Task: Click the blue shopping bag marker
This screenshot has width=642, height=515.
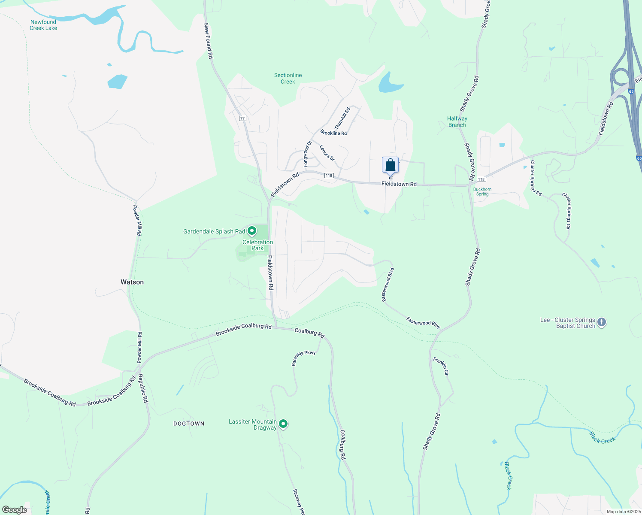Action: click(390, 165)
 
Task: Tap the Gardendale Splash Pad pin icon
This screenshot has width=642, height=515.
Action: click(252, 231)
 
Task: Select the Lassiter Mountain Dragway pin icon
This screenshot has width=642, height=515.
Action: click(283, 424)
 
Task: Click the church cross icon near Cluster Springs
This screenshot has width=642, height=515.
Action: click(602, 322)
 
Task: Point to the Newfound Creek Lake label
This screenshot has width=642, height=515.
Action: click(43, 25)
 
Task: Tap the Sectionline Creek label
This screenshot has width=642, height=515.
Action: click(288, 78)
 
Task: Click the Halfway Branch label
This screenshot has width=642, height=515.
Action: click(457, 122)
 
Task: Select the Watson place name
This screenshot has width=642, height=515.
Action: click(132, 282)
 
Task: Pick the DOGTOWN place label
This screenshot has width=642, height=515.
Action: click(189, 424)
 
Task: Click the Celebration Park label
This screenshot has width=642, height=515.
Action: click(257, 245)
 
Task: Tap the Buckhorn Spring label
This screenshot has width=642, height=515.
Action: click(482, 191)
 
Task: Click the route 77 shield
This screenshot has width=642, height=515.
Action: click(242, 118)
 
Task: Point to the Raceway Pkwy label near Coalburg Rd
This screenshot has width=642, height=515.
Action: click(303, 358)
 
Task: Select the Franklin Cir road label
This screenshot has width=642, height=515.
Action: click(441, 366)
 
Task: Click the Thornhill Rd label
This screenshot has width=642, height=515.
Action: click(342, 118)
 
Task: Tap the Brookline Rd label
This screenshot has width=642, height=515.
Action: click(333, 133)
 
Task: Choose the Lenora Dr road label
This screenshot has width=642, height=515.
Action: click(327, 153)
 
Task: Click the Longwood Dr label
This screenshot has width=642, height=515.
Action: click(307, 154)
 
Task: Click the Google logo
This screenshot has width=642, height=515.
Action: click(15, 510)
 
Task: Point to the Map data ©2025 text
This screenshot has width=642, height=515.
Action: click(623, 512)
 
